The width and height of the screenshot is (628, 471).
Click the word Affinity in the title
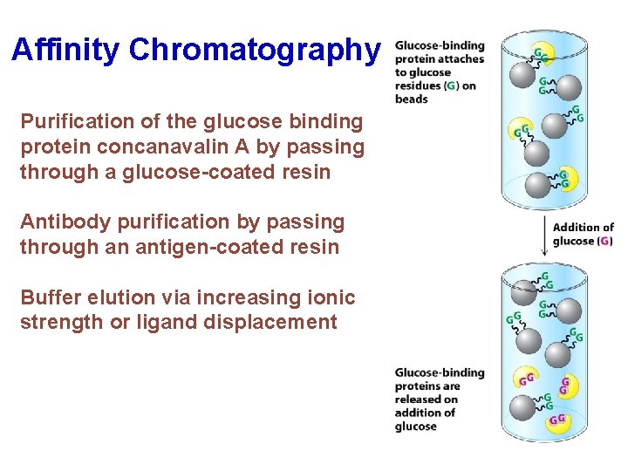point(66,50)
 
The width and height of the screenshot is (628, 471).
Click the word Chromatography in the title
point(255,50)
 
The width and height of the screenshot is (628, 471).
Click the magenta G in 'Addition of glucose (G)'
point(604,241)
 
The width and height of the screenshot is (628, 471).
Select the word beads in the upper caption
point(412,99)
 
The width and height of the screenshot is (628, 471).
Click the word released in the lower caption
point(417,399)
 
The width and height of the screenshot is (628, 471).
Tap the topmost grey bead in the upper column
point(522,75)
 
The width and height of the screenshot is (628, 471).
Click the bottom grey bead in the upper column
point(538,185)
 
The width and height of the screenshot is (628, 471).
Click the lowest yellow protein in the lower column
point(557,420)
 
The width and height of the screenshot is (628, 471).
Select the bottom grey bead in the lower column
point(522,406)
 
